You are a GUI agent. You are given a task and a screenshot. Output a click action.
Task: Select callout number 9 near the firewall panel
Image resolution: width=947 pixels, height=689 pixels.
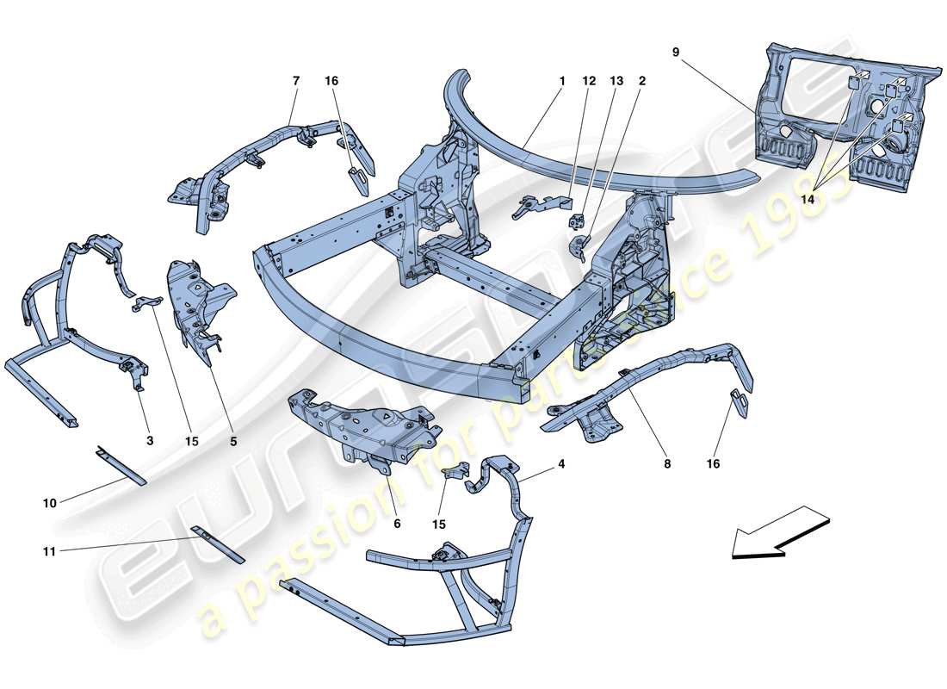point(676,52)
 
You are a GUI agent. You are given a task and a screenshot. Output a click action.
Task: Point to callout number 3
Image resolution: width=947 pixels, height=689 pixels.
point(149,440)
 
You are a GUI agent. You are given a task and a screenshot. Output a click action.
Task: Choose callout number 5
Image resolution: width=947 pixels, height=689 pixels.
point(232,440)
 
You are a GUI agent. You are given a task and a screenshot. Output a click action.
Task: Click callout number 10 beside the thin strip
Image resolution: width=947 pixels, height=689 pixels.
point(49,502)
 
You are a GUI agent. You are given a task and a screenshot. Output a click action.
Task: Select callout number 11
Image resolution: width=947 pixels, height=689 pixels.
point(49,551)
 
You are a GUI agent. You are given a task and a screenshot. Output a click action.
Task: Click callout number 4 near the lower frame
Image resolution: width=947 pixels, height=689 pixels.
point(561,464)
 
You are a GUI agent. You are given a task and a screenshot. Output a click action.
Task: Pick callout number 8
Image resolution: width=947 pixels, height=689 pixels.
point(667,464)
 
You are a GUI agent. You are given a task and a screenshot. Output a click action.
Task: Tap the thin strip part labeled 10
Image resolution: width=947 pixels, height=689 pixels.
point(121,465)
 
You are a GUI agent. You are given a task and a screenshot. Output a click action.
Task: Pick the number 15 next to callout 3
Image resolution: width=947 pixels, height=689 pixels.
point(191,440)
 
